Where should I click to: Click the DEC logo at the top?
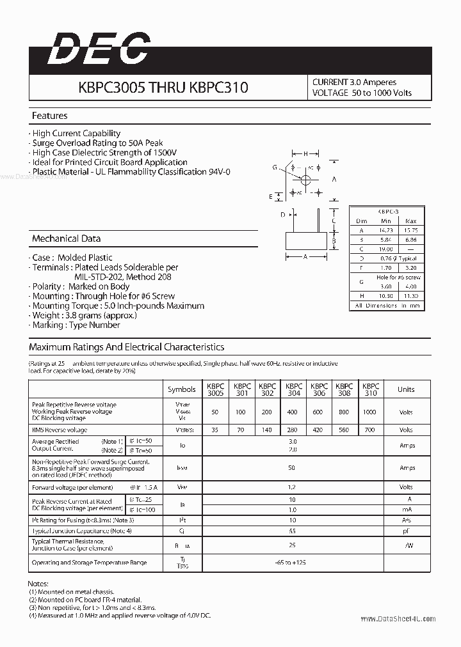99,49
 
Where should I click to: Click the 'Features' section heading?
49,116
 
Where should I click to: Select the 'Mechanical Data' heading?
66,238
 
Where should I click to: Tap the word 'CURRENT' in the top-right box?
330,82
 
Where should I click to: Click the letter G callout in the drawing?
274,168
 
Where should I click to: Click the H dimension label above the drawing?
306,153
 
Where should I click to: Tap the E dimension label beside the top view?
271,196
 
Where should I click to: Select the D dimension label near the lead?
282,215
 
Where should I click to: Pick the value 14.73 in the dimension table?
385,230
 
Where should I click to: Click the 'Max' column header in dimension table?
410,221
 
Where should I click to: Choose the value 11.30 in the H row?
410,296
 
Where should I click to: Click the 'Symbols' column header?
182,389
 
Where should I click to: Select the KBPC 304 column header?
294,389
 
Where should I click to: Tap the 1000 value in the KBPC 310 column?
369,412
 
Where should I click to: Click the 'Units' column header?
406,389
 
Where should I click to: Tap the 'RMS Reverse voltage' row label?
59,430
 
